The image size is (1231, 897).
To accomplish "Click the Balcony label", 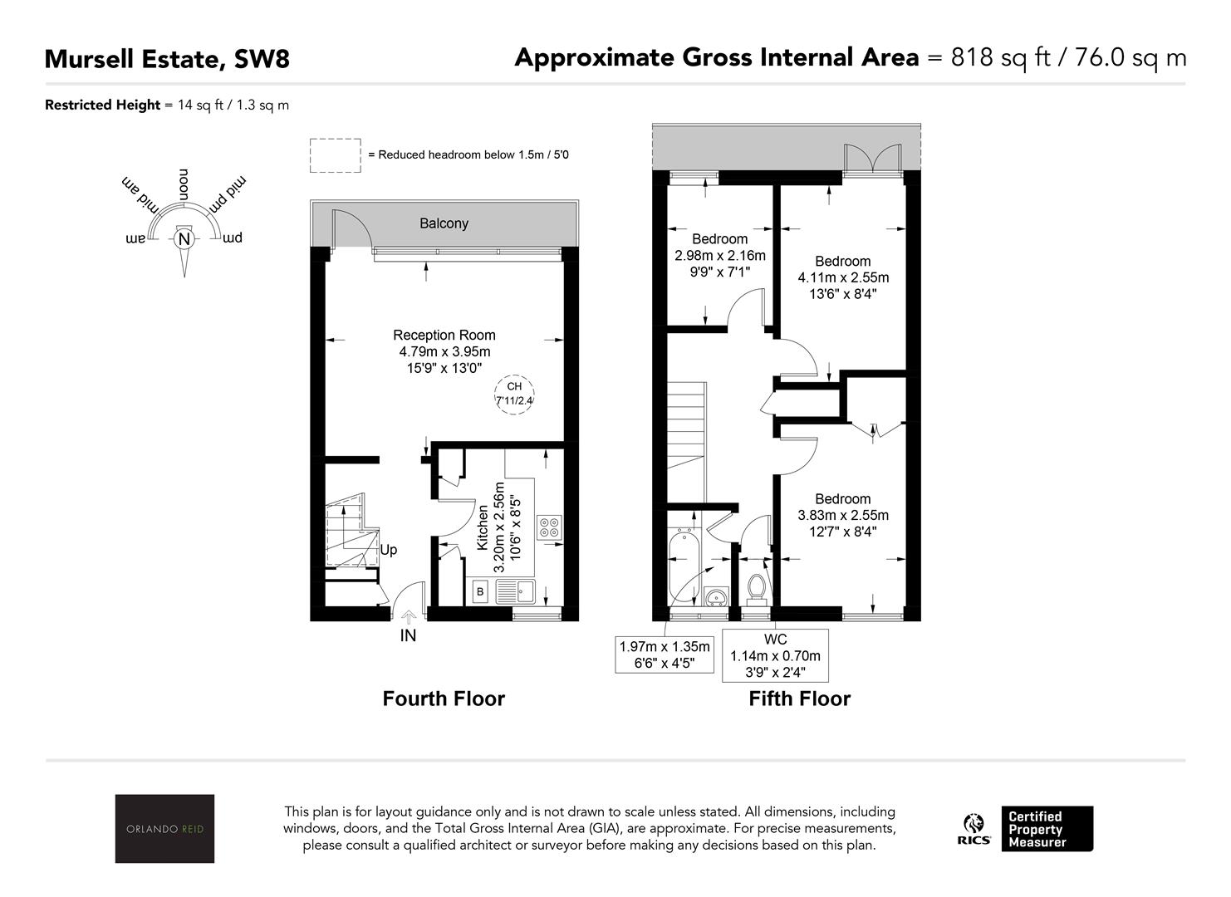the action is pos(444,223).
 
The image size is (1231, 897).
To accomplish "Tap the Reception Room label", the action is pos(444,335).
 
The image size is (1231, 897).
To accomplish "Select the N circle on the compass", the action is pos(184,239).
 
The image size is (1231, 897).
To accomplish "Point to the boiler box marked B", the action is pos(480,591).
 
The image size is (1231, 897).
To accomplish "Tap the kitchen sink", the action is pos(515,591).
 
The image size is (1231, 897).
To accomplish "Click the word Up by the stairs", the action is pos(389,550).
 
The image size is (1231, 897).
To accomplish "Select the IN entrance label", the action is pos(408,635).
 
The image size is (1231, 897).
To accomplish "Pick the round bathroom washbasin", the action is pos(716,596).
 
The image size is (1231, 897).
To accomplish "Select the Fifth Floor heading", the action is pos(800,698).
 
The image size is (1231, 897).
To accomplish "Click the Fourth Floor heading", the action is pos(444,698).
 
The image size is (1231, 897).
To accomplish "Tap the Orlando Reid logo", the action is pos(164,828).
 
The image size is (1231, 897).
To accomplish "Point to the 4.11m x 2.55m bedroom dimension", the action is pos(843,277).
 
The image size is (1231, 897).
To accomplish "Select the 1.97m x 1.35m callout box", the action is pos(665,654).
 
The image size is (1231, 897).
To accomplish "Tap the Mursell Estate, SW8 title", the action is pos(167,59).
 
